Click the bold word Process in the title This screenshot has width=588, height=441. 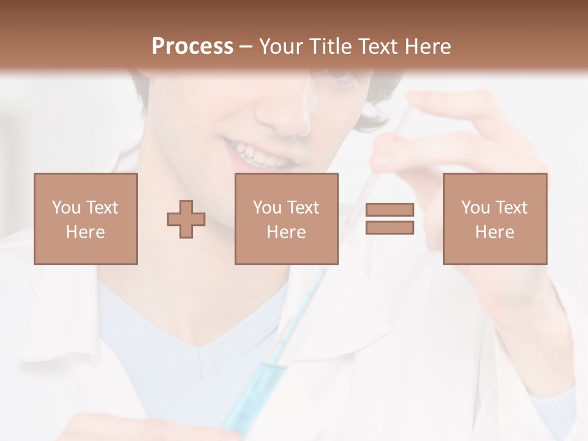[x=192, y=46]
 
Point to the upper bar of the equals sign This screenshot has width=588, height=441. [x=390, y=209]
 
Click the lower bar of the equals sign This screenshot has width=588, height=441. [x=390, y=228]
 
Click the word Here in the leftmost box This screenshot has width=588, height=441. [x=85, y=232]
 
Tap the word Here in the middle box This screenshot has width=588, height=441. [x=286, y=232]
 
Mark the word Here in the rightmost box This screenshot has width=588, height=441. [x=494, y=232]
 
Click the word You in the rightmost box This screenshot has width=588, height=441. [x=475, y=208]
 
